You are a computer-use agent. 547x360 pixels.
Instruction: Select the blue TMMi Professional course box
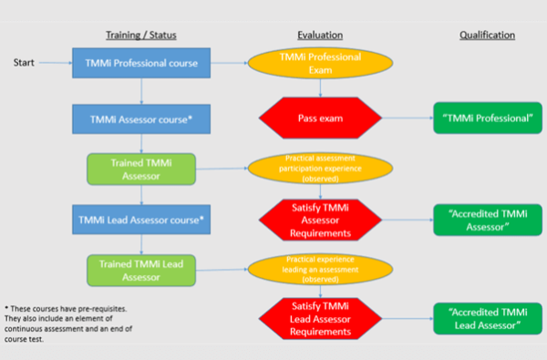coord(141,64)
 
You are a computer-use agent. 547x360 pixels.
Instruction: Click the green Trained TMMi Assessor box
coord(141,169)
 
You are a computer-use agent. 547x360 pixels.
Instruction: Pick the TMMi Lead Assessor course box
coord(141,220)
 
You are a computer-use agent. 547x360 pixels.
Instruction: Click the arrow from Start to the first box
coord(55,64)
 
